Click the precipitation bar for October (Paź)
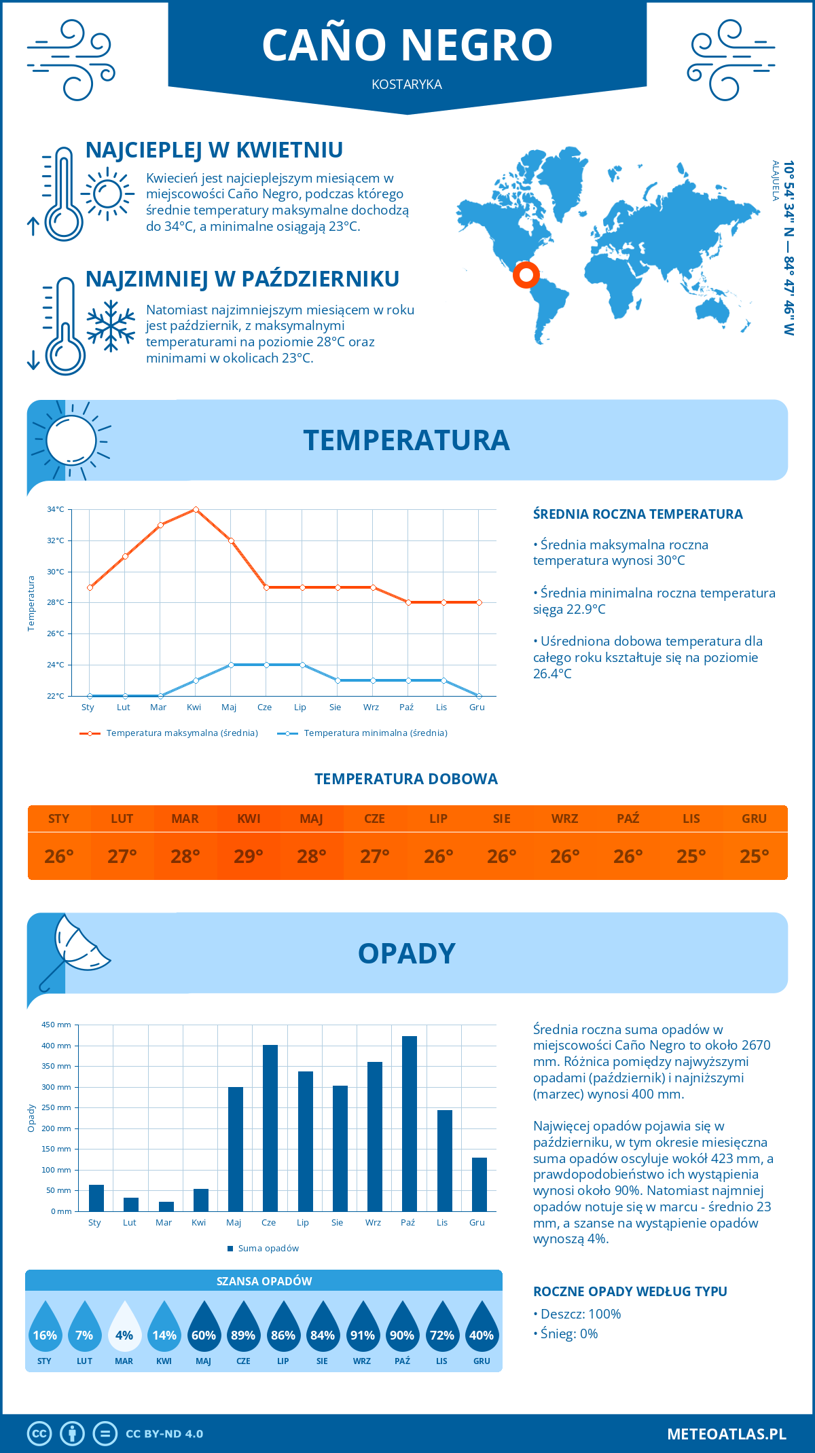[409, 1124]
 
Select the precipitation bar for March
[166, 1207]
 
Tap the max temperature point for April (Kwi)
[196, 509]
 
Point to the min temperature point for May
[231, 665]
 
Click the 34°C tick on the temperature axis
[56, 509]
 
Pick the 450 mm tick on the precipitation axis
[57, 1025]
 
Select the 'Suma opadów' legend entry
[268, 1249]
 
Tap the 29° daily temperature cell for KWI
[249, 856]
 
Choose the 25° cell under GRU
[754, 856]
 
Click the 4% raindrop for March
[124, 1327]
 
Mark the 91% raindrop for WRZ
[362, 1327]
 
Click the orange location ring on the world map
[526, 275]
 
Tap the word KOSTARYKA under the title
[407, 85]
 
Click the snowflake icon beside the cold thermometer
[111, 326]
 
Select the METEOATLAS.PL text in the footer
[727, 1434]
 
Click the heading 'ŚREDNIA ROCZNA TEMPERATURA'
[638, 515]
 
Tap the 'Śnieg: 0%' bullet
[569, 1334]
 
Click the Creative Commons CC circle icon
[39, 1434]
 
